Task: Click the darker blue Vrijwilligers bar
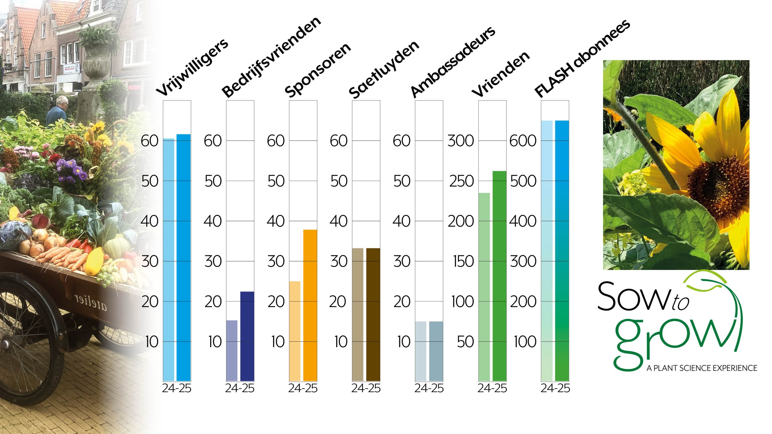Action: [184, 258]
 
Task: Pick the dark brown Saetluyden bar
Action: [373, 315]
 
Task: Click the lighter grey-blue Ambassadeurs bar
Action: [421, 351]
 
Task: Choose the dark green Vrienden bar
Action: [499, 276]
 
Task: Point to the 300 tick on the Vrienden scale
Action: [460, 141]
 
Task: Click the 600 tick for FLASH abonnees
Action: [523, 141]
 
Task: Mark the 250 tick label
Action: [461, 181]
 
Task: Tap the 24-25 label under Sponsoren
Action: [303, 388]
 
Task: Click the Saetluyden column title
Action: [384, 70]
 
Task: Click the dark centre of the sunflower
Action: [718, 184]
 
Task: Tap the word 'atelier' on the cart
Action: [90, 302]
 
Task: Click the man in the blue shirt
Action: [57, 112]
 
